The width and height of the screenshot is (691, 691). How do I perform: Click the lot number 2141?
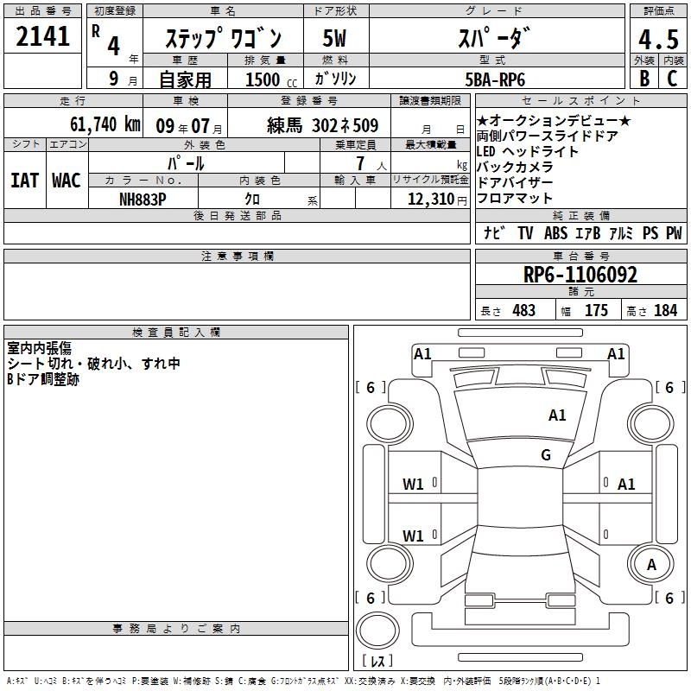[x=42, y=36]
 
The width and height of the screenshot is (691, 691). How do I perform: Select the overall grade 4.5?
[x=658, y=39]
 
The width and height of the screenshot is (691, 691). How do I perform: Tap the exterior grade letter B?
[x=644, y=79]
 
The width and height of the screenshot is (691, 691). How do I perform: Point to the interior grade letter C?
[x=672, y=79]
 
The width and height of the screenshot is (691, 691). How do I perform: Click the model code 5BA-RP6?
[x=495, y=79]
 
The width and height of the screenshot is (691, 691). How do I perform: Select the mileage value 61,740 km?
[x=105, y=124]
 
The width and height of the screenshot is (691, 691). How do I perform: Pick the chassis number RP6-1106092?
[x=580, y=275]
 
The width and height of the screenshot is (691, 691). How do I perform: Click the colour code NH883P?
[x=143, y=200]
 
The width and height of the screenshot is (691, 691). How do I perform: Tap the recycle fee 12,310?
[x=431, y=200]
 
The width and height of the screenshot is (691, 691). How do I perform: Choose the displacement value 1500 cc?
[x=271, y=79]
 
